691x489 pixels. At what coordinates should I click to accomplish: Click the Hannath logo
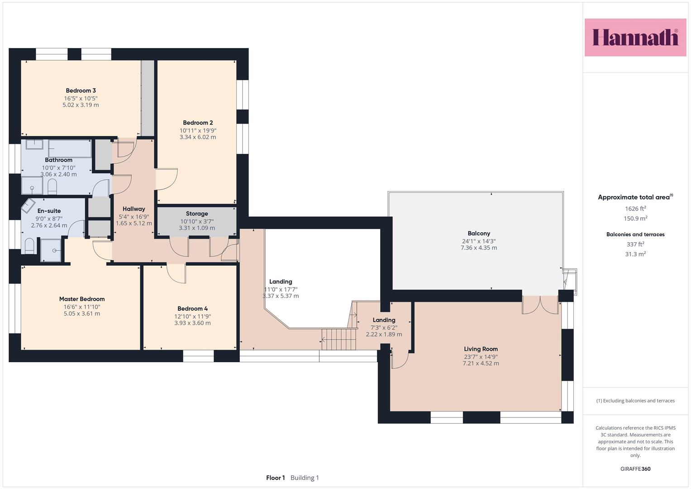pos(635,37)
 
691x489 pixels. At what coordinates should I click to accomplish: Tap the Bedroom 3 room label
pos(81,91)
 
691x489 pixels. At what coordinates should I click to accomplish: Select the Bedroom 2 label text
pos(198,123)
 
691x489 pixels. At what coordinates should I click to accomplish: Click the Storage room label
pos(197,214)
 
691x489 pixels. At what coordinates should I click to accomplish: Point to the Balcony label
pos(479,233)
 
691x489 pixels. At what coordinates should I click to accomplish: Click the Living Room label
pos(481,349)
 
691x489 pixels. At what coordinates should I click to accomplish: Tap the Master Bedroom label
pos(82,299)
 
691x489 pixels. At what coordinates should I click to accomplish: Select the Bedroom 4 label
pos(192,308)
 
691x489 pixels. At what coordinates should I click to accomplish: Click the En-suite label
pos(49,211)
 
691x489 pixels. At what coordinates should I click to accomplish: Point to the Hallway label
pos(133,209)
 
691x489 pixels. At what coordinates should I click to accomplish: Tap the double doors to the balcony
pos(540,305)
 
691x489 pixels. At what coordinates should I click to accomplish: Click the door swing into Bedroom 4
pos(176,273)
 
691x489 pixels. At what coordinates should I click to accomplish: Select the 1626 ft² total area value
pos(635,208)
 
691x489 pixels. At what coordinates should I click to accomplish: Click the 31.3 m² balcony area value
pos(635,254)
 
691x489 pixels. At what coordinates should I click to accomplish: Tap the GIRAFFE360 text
pos(635,469)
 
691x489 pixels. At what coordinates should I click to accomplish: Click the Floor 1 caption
pos(276,478)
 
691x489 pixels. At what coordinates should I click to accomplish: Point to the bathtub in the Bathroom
pos(70,149)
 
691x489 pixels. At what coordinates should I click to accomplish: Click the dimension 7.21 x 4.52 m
pos(481,363)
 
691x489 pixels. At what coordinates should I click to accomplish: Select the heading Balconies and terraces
pos(635,235)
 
